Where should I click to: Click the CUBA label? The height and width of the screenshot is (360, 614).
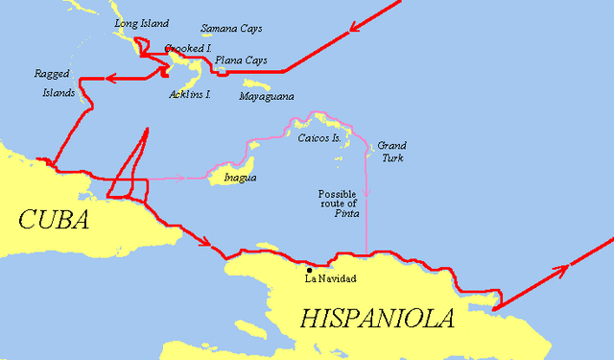54,220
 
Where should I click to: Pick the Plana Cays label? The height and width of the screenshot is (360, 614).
241,60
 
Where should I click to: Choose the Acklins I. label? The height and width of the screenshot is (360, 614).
190,94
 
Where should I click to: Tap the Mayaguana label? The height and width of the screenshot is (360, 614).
267,97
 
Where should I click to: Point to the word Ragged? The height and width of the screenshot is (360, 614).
52,73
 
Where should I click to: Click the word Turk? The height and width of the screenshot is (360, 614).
391,156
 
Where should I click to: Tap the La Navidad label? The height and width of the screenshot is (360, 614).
331,278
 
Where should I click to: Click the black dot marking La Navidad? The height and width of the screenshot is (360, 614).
308,268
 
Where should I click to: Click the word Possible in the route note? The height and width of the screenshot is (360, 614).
338,193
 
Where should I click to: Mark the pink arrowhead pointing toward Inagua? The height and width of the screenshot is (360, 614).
180,180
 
